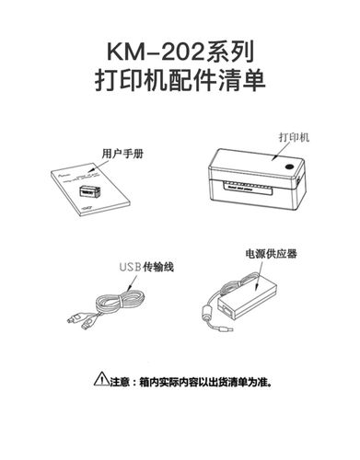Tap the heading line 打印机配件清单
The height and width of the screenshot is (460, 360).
tap(180, 78)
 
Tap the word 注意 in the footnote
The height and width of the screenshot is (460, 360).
tap(119, 378)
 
